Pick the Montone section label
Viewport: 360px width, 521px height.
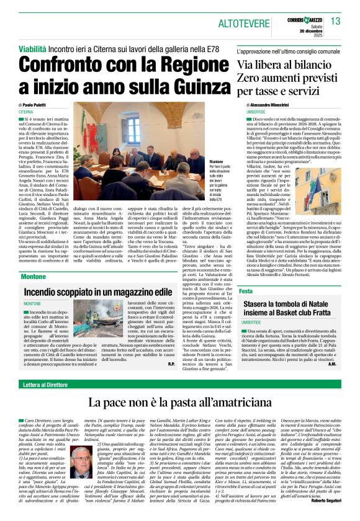pos(32,277)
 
